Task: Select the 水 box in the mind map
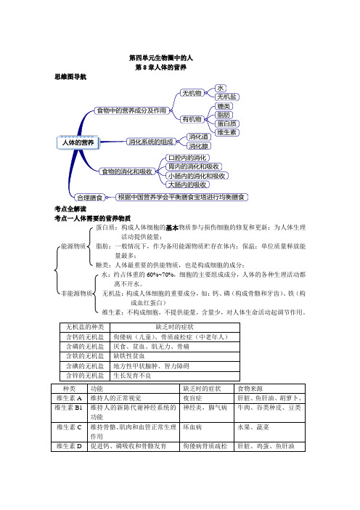221,87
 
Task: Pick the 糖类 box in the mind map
224,106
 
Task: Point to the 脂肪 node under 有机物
224,115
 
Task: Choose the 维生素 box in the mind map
227,132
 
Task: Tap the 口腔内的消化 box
187,157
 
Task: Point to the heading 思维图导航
70,76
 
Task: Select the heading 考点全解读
70,209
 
